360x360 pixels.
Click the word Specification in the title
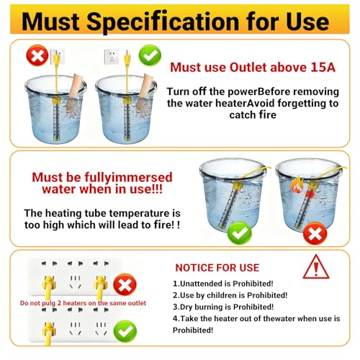(163, 22)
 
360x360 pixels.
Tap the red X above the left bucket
(37, 55)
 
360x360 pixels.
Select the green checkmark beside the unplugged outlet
(150, 55)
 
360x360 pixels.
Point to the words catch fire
(253, 114)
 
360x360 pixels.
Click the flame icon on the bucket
(297, 184)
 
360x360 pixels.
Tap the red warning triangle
(316, 267)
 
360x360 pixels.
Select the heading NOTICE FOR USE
(217, 268)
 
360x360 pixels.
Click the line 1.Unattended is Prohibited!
(223, 284)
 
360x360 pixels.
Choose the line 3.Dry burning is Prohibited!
(223, 307)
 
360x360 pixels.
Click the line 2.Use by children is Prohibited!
(230, 295)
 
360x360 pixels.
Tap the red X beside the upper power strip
(125, 284)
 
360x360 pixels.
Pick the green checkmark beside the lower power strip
(125, 331)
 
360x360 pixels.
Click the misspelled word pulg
(49, 303)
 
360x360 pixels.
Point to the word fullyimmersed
(128, 178)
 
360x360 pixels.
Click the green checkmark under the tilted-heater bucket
(239, 233)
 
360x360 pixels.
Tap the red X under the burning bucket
(315, 233)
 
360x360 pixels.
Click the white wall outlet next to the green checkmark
(111, 56)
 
